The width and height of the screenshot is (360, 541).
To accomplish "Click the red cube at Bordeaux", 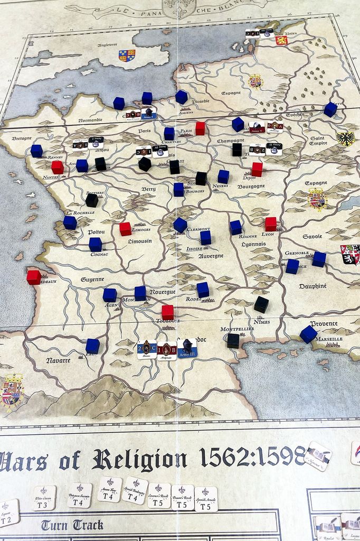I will pos(33,277).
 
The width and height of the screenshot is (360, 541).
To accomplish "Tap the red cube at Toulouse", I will pos(167,312).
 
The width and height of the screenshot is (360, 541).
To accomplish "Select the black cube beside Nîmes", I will pos(261,304).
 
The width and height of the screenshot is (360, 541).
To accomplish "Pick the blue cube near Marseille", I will pos(308,334).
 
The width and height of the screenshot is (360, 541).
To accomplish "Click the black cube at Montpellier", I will pos(233,340).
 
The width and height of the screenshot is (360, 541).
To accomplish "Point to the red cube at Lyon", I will pos(270,224).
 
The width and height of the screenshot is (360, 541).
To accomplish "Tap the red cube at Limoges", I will pos(125,229).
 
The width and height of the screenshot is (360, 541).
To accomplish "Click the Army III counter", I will pos(187,349).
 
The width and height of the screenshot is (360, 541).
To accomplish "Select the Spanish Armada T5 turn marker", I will pos(206,499).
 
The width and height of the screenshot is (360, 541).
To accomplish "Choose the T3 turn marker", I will pos(45,498).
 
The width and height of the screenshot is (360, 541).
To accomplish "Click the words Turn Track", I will pos(72,525).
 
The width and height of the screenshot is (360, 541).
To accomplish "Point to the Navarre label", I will pos(58,361).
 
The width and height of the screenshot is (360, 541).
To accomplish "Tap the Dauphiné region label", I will pos(312,286).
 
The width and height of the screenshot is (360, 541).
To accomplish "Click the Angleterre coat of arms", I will pos(127,55).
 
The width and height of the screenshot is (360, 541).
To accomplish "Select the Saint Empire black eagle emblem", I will pos(345,139).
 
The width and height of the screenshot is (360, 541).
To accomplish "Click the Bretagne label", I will pos(22,138).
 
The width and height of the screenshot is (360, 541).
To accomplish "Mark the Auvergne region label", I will pos(211,256).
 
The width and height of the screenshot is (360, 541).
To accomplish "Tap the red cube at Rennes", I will pos(57,167).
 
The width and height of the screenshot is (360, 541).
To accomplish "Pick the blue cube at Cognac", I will pos(95,244).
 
